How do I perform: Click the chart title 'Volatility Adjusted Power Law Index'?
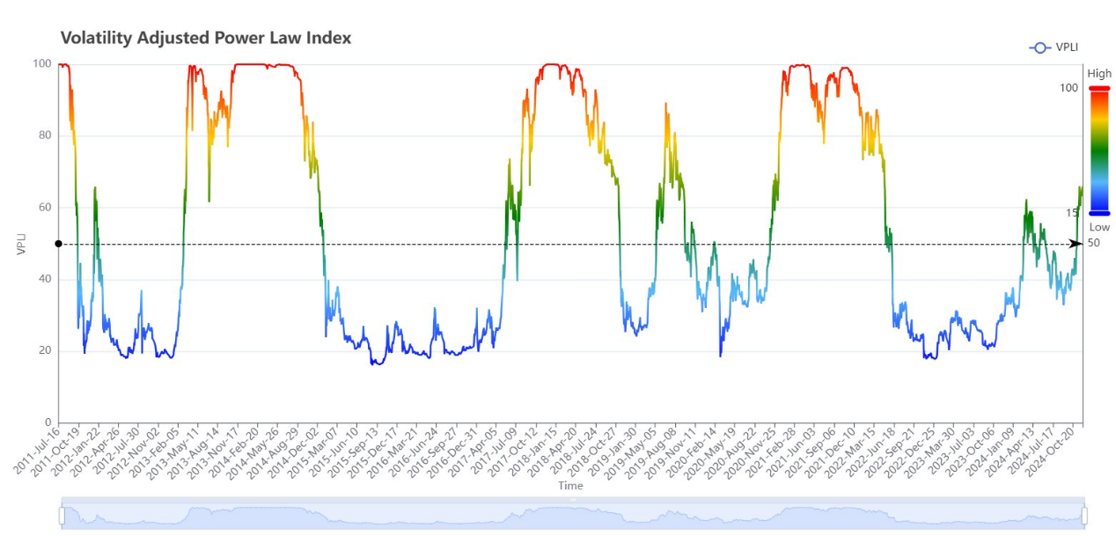pos(206,38)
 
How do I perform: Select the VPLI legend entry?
pos(1054,48)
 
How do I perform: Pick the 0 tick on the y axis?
pos(48,422)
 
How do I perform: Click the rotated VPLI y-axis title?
pos(21,244)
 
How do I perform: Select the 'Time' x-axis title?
pos(570,485)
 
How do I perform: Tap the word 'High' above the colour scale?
pos(1099,74)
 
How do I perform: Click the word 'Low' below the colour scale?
pos(1099,227)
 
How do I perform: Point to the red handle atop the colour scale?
pos(1099,88)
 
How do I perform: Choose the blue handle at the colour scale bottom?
pos(1099,213)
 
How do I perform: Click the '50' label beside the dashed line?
pos(1094,243)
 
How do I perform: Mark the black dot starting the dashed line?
pos(58,244)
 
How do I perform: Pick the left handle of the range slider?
pos(62,516)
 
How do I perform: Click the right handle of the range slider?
pos(1084,516)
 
